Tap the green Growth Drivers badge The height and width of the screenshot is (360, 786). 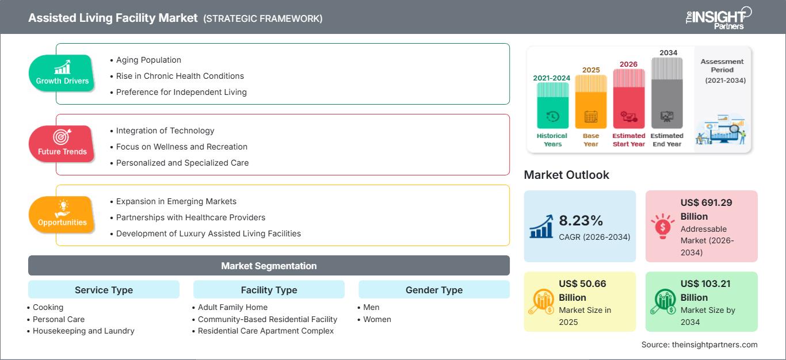tap(62, 74)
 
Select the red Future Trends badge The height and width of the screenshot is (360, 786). tap(62, 144)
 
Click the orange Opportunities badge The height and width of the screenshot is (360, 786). tap(62, 215)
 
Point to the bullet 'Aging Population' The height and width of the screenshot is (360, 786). tap(148, 60)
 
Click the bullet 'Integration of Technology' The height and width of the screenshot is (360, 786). tap(165, 131)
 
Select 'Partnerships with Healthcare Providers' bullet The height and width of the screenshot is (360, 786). tap(190, 217)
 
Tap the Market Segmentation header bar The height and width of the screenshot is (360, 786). tap(269, 266)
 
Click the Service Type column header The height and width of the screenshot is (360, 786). tap(104, 290)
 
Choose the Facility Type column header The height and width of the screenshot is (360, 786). tap(269, 290)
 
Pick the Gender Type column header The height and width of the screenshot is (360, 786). tap(434, 290)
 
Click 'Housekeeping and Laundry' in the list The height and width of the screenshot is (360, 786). tap(83, 331)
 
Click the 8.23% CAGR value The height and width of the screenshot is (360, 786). tap(580, 221)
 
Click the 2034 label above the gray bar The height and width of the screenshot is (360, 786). tap(668, 53)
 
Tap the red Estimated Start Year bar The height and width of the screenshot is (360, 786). tap(628, 99)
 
